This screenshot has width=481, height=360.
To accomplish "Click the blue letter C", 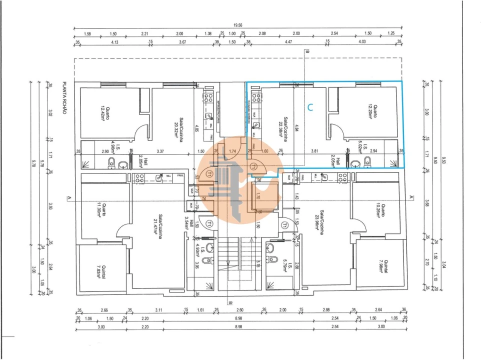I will [x=310, y=106].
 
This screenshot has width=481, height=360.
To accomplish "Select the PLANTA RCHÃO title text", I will [x=64, y=99].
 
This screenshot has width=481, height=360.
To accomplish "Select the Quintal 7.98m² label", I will [x=382, y=270].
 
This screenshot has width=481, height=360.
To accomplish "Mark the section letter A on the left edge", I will [x=68, y=199].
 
